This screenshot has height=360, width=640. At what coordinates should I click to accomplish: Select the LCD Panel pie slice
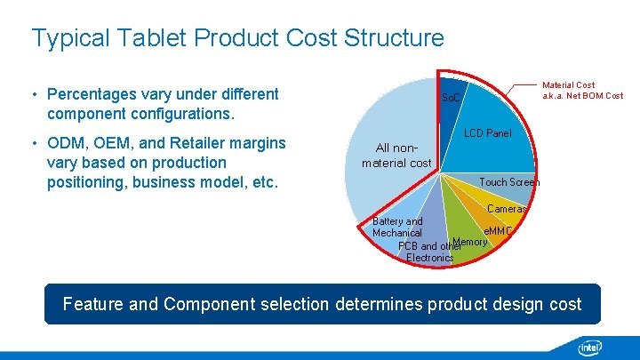pyautogui.click(x=487, y=133)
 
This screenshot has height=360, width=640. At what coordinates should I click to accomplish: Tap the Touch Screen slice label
pyautogui.click(x=508, y=182)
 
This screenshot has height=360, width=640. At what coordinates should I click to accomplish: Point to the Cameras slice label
pyautogui.click(x=507, y=210)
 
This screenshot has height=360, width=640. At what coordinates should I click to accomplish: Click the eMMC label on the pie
pyautogui.click(x=498, y=231)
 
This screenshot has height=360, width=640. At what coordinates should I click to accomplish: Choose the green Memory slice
pyautogui.click(x=469, y=242)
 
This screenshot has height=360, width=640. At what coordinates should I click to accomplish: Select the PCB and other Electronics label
pyautogui.click(x=428, y=252)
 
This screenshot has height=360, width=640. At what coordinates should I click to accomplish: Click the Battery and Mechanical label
pyautogui.click(x=397, y=227)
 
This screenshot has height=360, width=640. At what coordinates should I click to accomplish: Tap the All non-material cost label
pyautogui.click(x=396, y=156)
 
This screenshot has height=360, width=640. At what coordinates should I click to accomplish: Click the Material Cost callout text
pyautogui.click(x=582, y=90)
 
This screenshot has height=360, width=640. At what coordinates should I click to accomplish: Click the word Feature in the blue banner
pyautogui.click(x=93, y=304)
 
